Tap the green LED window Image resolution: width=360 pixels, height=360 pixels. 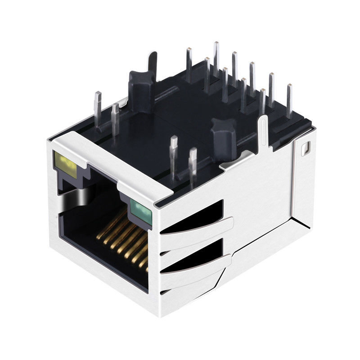tap(141, 208)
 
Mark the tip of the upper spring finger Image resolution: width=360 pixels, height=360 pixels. tap(230, 221)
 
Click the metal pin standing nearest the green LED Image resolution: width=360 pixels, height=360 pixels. tap(193, 166)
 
